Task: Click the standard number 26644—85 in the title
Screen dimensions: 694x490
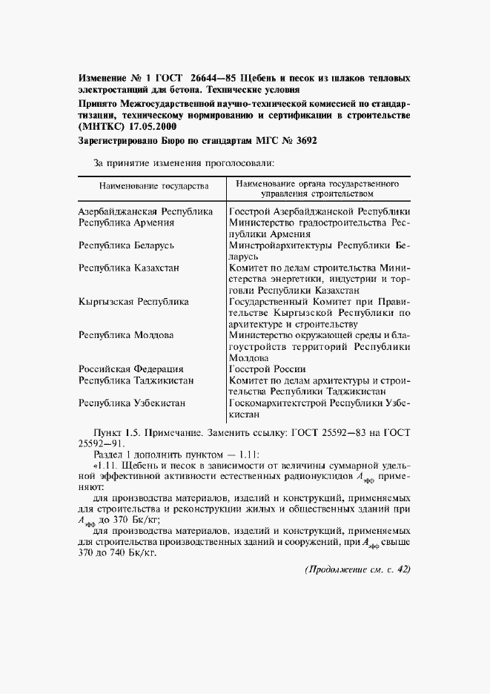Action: [x=213, y=78]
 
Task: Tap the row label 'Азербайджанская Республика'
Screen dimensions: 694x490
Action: [x=146, y=211]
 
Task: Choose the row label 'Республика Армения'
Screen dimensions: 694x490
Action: [x=126, y=222]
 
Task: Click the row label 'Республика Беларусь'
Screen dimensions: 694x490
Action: [x=126, y=244]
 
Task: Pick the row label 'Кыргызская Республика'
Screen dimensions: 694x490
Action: [x=133, y=302]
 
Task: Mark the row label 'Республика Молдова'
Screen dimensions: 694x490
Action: [x=126, y=334]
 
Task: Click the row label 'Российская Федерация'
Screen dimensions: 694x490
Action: [x=131, y=369]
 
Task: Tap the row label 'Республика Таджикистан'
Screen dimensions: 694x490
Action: [x=136, y=380]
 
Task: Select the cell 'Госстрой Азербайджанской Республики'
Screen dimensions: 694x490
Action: [x=320, y=211]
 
